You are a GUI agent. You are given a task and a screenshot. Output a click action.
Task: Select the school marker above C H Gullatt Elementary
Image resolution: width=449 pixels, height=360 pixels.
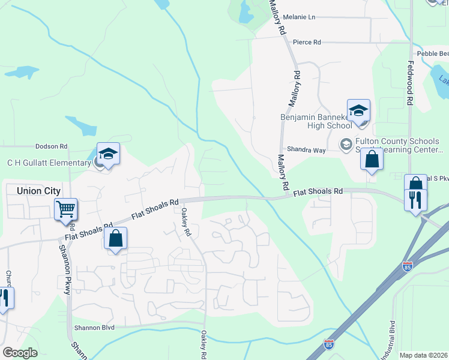pos(108,155)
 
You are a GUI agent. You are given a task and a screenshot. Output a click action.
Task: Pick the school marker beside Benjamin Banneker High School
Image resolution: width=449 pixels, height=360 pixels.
pos(358,112)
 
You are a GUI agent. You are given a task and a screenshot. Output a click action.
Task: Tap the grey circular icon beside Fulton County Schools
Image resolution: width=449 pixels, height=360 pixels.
pos(346,144)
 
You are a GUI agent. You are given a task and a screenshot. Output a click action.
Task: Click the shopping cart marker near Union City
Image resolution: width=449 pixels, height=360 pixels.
pos(65,211)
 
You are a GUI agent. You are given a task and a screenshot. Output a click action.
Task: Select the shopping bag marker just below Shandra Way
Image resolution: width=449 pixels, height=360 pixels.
pos(372,160)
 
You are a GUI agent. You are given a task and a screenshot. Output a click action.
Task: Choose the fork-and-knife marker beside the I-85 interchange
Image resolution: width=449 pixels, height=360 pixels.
pos(415,199)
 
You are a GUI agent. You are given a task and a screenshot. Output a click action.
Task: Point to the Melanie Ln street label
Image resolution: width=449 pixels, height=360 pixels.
pos(299,17)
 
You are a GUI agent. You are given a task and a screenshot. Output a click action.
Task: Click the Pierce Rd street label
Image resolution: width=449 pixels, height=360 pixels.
pos(307,43)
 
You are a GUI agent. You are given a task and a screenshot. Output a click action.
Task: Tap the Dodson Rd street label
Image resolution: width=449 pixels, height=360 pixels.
pos(51,146)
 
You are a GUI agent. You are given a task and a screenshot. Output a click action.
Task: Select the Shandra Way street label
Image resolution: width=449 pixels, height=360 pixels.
pos(306,149)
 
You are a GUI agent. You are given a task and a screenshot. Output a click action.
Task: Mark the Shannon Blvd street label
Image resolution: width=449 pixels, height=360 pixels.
pos(94,328)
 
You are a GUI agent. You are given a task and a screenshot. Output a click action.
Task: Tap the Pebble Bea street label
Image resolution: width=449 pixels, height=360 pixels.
pos(433,53)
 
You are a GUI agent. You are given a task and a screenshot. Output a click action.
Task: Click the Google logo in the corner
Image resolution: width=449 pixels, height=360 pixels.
pos(19,353)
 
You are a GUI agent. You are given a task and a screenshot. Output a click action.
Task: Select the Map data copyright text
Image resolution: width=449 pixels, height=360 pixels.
pos(423,355)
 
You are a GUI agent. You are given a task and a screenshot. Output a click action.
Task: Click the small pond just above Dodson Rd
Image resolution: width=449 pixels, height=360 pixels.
pos(81,125)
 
